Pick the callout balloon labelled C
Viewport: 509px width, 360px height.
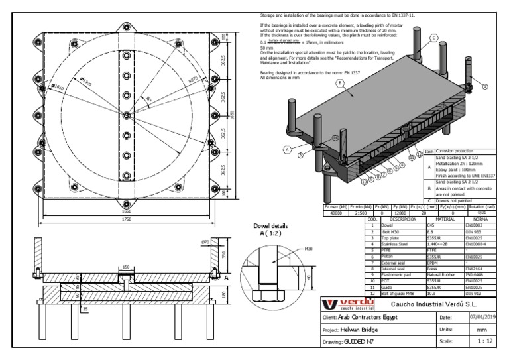(434, 38)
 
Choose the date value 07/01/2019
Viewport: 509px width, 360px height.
(482, 318)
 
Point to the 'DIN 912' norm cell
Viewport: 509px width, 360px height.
(475, 293)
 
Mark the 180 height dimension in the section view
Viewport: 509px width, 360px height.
(223, 294)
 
